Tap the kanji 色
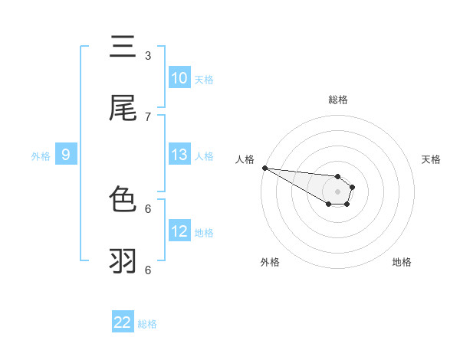click(123, 200)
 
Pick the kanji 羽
click(123, 261)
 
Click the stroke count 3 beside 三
click(148, 55)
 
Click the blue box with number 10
click(179, 78)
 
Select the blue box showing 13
click(179, 155)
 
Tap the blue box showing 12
click(179, 231)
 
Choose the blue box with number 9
click(66, 155)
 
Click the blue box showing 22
click(123, 322)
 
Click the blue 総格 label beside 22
click(148, 324)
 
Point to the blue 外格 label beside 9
click(41, 155)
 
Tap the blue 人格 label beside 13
click(204, 155)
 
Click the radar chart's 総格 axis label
click(337, 100)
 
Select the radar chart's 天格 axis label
click(432, 159)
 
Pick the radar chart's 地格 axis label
click(402, 262)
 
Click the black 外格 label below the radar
click(270, 262)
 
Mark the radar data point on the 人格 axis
click(264, 168)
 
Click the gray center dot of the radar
click(337, 191)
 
